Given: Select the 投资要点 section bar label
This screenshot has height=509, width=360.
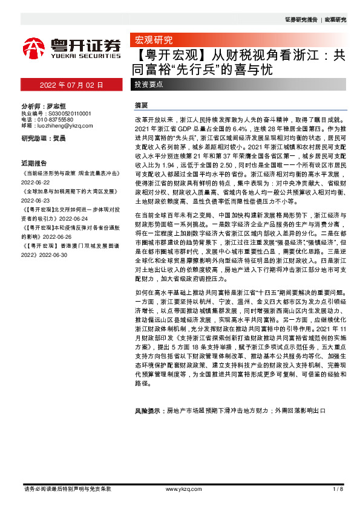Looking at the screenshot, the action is coord(149,85).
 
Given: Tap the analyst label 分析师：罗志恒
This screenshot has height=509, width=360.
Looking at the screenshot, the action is coord(43,106).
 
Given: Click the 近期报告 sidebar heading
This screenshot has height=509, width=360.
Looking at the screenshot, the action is coord(34,162).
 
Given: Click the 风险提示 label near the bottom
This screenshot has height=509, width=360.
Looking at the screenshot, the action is coord(149,410).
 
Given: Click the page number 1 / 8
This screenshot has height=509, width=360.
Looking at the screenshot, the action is coord(338,488).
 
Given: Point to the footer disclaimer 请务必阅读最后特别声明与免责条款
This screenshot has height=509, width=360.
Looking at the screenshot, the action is coord(67,488).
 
